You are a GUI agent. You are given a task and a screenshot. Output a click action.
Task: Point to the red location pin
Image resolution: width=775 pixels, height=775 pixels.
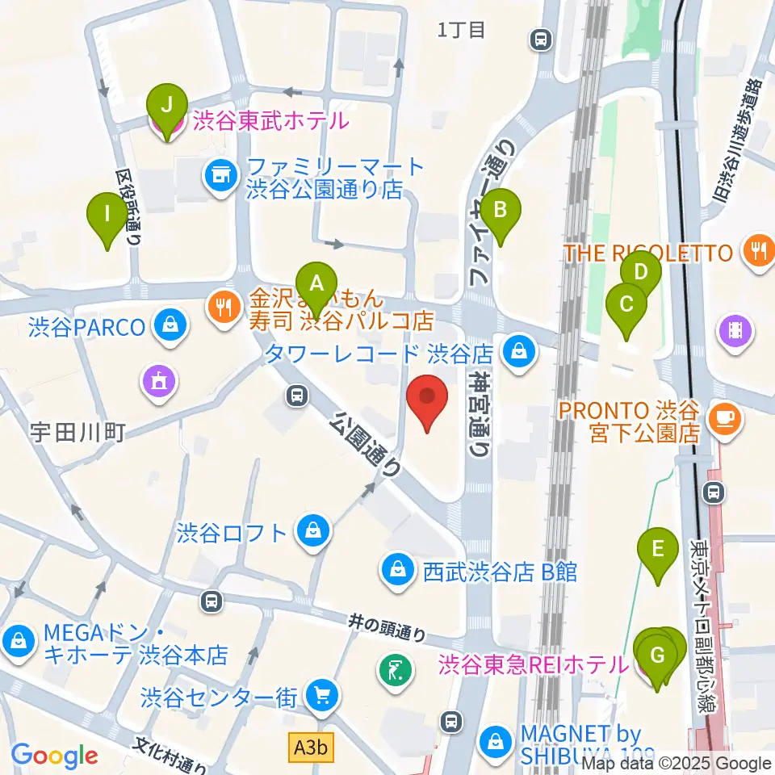(427, 400)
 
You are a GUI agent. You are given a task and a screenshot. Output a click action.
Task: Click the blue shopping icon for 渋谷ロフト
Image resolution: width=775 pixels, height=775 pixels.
(310, 532)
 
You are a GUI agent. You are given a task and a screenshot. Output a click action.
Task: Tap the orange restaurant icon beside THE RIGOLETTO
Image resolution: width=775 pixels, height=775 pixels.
(757, 251)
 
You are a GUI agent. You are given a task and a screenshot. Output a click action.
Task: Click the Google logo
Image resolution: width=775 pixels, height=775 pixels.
(54, 755)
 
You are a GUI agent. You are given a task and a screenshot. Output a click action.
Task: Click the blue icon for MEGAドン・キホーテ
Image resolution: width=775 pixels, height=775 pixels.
(17, 643)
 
